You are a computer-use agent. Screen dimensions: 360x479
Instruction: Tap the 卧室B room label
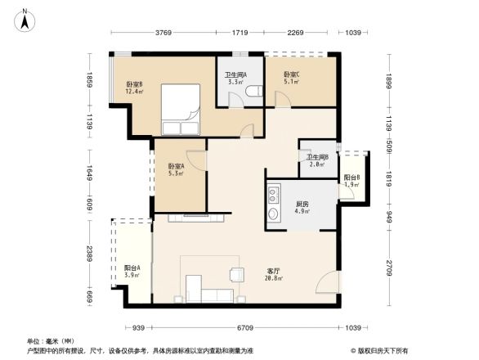click(x=135, y=88)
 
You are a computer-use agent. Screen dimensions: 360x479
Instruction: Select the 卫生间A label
click(x=236, y=79)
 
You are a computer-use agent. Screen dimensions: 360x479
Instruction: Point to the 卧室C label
click(x=292, y=79)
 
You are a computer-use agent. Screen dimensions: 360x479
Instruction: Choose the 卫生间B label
click(x=316, y=160)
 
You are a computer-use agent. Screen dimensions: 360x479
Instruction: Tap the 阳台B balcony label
click(x=351, y=181)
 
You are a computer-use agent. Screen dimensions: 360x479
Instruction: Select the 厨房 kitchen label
click(x=302, y=208)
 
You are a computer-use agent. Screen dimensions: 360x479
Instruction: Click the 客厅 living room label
click(x=275, y=274)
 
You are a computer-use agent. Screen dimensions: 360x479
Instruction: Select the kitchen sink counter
click(x=271, y=206)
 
